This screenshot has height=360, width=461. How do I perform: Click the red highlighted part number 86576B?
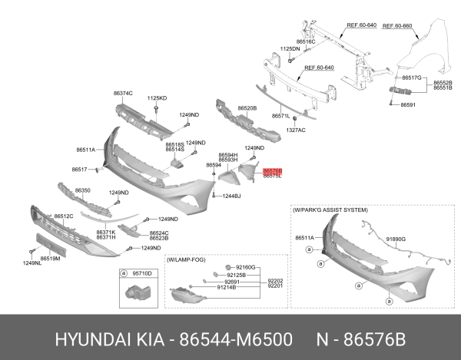click(273, 170)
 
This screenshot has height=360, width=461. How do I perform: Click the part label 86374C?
click(123, 93)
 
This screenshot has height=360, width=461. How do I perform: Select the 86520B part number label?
click(247, 108)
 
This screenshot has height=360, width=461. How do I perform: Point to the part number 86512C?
click(63, 216)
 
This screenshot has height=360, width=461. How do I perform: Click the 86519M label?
click(50, 259)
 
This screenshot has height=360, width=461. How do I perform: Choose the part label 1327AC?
click(296, 130)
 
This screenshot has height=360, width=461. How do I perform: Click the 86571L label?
click(281, 116)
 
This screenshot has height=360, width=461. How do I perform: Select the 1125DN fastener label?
click(290, 48)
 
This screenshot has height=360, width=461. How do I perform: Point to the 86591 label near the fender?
click(407, 104)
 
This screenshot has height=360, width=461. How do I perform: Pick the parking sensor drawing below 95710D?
click(137, 292)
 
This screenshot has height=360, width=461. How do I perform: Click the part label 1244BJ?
click(231, 197)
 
